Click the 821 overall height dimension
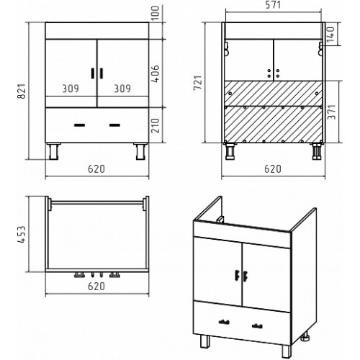(22, 91)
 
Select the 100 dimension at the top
(156, 13)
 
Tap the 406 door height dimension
(156, 74)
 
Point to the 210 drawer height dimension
(156, 125)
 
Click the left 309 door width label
(71, 89)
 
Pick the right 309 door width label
(122, 89)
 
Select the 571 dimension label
(273, 5)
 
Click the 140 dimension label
(330, 34)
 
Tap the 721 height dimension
(198, 83)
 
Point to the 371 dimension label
(332, 112)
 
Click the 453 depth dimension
(22, 234)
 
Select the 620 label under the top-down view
(96, 287)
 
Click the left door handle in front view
(92, 73)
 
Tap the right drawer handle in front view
(114, 125)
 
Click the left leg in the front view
(54, 151)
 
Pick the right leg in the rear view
(317, 151)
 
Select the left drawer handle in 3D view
(224, 322)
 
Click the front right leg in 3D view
(287, 351)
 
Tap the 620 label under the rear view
(273, 169)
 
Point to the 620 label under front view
(96, 169)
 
